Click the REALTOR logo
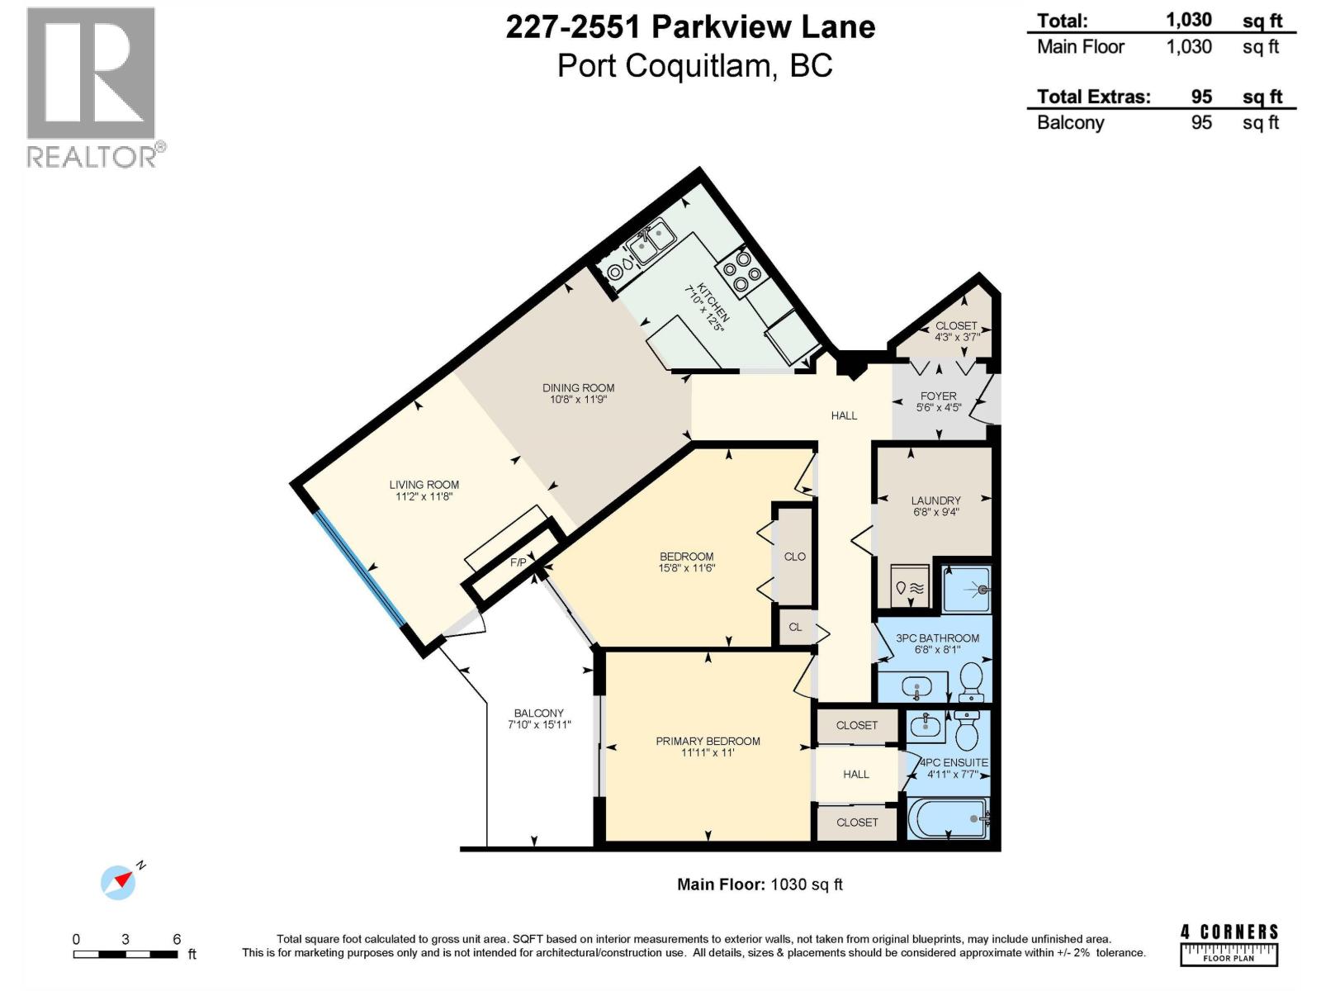92,87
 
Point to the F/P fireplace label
518,562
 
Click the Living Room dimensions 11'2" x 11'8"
424,496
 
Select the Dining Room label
578,387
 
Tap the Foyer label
938,396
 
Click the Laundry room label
935,500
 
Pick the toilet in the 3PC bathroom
971,679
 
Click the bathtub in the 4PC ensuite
947,819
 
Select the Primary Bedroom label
708,741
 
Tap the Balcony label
538,713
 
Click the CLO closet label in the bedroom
795,557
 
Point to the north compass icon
119,882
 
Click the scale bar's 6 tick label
177,939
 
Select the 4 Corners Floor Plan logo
1229,945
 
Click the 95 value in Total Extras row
1201,97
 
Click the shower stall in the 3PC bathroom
967,590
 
